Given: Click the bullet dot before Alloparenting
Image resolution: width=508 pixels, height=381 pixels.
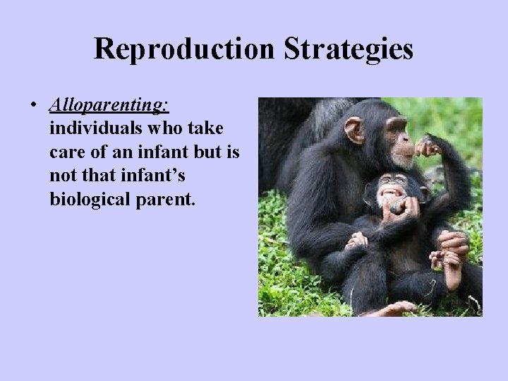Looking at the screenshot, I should pos(34,107).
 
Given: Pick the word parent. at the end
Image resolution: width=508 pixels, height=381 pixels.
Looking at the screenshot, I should pos(161,200).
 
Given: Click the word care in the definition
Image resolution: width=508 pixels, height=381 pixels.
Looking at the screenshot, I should pos(67,153).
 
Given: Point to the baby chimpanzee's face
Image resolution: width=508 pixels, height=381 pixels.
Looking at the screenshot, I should pos(389,189).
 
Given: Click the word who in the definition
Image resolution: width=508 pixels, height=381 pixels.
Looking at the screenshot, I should pos(152,130).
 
